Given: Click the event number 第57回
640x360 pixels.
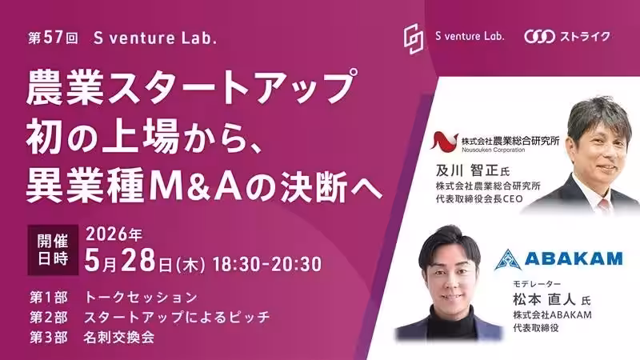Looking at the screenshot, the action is pos(53,38).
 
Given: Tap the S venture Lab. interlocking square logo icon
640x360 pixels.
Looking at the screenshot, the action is pos(414,38).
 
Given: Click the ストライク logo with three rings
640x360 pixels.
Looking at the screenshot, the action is pos(567,36).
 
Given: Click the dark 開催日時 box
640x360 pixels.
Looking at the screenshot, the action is pos(53,250).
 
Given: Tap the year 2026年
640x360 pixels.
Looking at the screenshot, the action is pos(114,234).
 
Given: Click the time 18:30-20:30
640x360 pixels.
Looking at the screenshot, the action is pos(267,264).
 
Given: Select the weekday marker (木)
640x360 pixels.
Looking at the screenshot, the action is pos(190,266).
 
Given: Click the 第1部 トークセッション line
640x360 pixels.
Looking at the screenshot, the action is pos(114,297).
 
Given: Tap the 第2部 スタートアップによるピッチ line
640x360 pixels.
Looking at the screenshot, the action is pos(150,317).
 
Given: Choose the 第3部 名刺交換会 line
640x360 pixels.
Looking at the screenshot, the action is pos(92,337).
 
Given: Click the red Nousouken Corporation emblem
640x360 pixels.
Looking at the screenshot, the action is pos(445,142).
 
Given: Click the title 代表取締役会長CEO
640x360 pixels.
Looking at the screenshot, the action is pos(479,199).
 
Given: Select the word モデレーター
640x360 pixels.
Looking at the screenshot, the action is pos(537,284).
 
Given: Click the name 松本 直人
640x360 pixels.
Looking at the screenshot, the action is pos(544,299).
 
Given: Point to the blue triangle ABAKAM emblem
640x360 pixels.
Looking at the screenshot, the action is pos(507,260).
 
